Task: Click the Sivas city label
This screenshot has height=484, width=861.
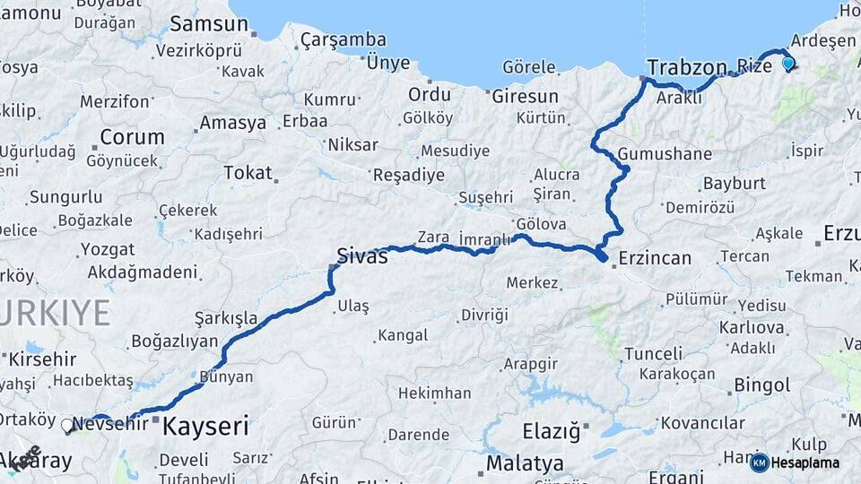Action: [361, 256]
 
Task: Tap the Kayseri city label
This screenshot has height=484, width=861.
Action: [205, 427]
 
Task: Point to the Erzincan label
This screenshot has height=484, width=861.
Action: [655, 258]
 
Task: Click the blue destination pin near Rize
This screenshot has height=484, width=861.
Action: [788, 63]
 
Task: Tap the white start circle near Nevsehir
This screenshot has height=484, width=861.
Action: [67, 426]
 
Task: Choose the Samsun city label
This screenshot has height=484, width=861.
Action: [208, 24]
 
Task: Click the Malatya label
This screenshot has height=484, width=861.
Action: [525, 463]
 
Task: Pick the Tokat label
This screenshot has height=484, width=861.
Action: [247, 172]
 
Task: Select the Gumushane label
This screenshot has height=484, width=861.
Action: [665, 153]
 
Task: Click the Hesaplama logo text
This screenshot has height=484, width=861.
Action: [805, 462]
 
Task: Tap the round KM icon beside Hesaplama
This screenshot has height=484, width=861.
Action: [759, 462]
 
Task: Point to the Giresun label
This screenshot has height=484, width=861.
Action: [525, 96]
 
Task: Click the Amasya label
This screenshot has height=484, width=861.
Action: [233, 123]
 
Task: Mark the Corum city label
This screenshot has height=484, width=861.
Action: [132, 137]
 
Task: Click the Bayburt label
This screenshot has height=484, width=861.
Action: [734, 183]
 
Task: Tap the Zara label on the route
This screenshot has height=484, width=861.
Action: [432, 237]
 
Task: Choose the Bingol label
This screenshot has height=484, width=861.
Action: [761, 385]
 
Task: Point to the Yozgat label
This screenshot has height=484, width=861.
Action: [107, 249]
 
